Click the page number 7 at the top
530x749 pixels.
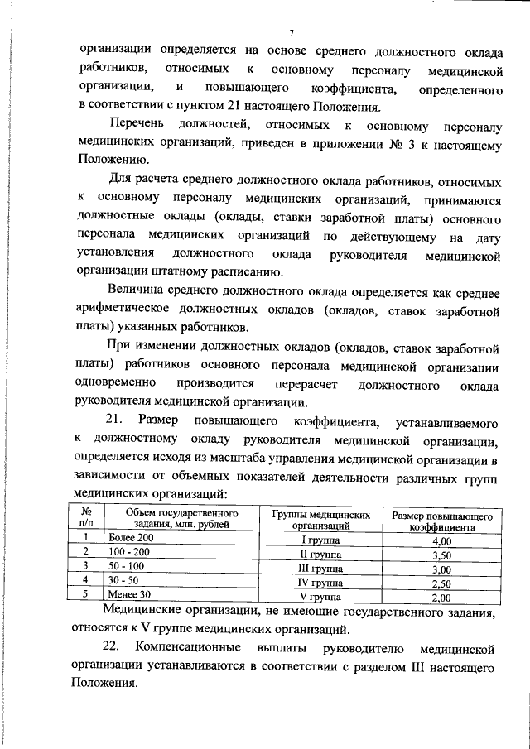pyautogui.click(x=291, y=33)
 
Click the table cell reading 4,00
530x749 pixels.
pyautogui.click(x=441, y=540)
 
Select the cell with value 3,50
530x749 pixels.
pyautogui.click(x=441, y=555)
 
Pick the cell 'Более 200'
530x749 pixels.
pyautogui.click(x=132, y=539)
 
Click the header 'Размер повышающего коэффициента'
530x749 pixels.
pyautogui.click(x=441, y=521)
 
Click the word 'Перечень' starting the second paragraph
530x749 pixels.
pyautogui.click(x=142, y=126)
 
